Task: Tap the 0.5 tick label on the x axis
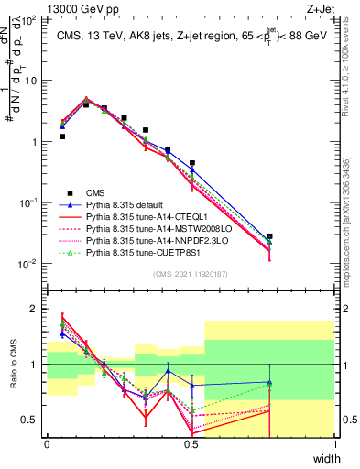click(x=191, y=442)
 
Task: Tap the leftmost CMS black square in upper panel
click(x=61, y=136)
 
